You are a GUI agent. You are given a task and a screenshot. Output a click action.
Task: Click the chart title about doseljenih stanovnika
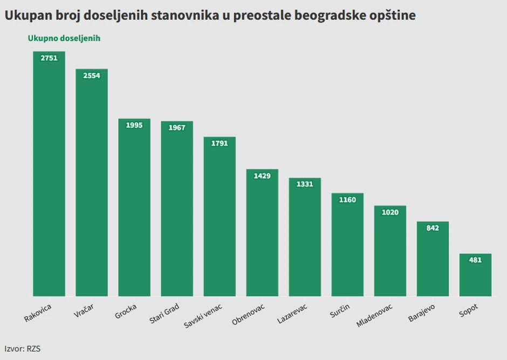[210, 15]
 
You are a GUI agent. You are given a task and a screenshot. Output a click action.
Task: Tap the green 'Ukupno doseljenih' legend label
[64, 38]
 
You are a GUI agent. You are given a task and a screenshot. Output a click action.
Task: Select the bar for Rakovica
[49, 178]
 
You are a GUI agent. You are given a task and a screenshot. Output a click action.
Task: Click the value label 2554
[92, 76]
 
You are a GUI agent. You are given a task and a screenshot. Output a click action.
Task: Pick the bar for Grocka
[134, 210]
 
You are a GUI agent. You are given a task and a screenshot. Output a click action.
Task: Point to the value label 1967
[177, 128]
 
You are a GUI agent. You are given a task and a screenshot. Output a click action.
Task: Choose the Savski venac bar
[220, 218]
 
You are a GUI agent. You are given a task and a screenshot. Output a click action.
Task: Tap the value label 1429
[262, 176]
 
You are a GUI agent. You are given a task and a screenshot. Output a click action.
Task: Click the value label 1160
[347, 200]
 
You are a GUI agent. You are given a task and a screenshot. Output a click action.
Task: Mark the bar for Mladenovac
[390, 253]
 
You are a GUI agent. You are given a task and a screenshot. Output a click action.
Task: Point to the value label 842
[433, 228]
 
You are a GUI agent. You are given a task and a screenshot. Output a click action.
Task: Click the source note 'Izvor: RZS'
[23, 349]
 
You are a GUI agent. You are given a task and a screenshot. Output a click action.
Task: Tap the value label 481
[475, 260]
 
